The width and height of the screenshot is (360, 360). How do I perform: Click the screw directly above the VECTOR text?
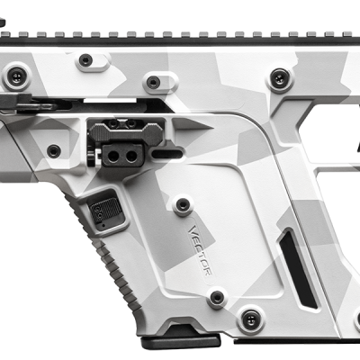click(x=183, y=204)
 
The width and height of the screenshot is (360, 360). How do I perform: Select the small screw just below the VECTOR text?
click(x=216, y=296)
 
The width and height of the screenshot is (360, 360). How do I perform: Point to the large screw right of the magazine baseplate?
click(x=250, y=316)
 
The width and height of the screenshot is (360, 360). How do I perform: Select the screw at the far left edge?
click(x=13, y=78)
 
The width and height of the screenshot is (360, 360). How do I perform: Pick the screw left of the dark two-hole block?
click(x=54, y=150)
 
